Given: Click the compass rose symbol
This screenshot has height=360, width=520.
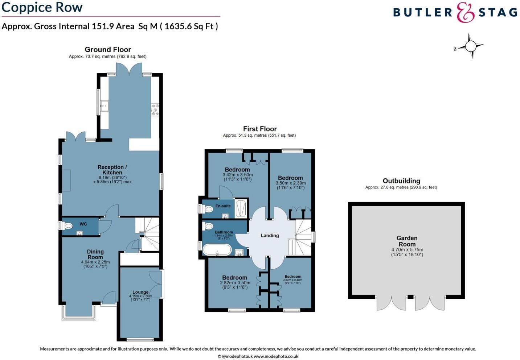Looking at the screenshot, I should (470, 46).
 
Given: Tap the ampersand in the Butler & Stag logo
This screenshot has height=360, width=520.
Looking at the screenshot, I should (466, 13).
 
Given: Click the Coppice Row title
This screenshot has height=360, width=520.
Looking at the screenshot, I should (42, 7).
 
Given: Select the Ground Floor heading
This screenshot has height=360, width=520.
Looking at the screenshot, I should (108, 50).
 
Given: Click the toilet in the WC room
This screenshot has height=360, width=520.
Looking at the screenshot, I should (67, 226).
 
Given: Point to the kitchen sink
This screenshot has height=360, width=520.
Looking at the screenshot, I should (105, 106).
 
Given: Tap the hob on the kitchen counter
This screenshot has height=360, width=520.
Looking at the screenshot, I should (155, 109).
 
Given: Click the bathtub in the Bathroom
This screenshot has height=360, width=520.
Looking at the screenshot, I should (217, 249).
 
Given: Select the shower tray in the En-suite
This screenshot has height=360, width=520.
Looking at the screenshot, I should (241, 209).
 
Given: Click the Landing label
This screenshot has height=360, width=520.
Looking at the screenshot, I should (270, 236).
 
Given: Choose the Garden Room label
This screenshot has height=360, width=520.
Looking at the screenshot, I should (407, 241).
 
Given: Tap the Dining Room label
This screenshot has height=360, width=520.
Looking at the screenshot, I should (95, 254).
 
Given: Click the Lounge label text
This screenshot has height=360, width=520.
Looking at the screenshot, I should (140, 292).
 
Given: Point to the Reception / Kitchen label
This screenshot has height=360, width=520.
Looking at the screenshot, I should (112, 170).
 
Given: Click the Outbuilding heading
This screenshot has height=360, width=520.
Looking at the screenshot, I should (401, 181).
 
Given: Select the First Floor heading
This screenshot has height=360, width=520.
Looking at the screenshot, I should (260, 129).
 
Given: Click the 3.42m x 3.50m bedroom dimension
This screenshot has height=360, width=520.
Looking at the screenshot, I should (237, 175).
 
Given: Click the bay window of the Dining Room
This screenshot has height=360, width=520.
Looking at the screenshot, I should (79, 314).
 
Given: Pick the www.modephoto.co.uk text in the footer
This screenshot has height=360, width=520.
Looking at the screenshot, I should (276, 356).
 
